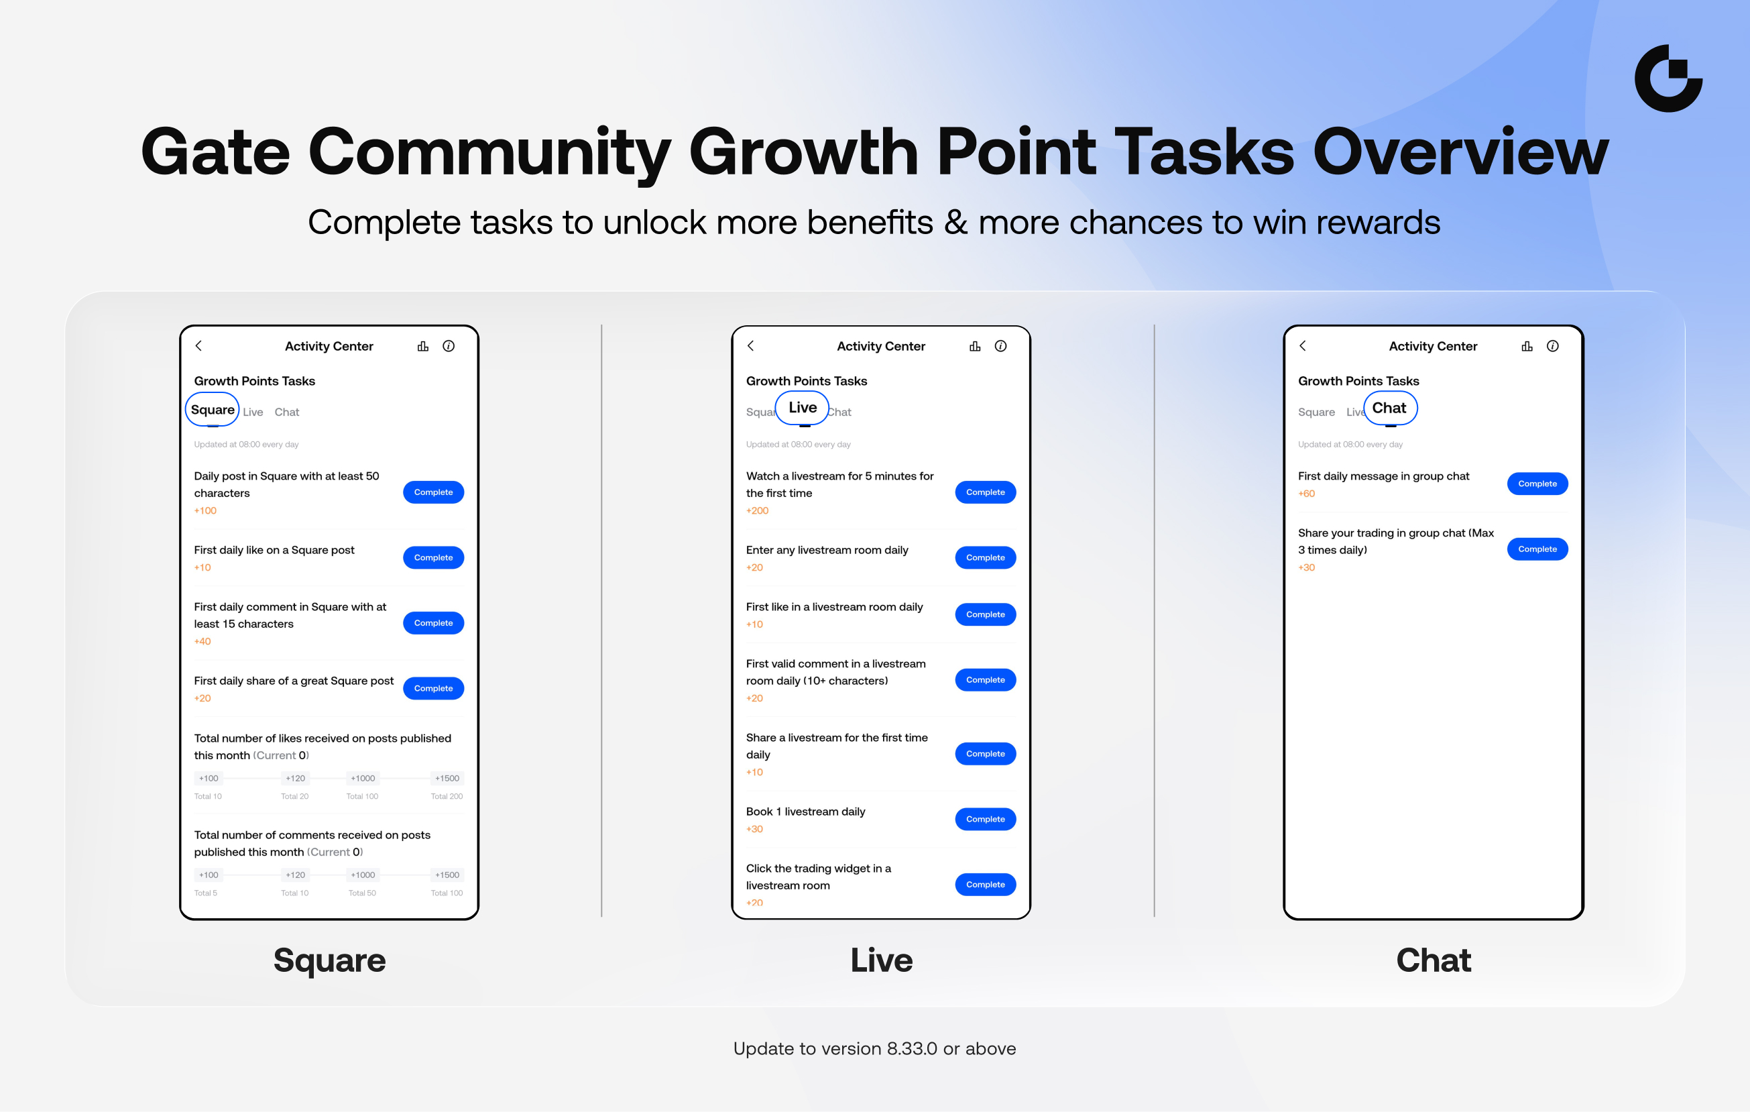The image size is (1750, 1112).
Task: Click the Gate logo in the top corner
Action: click(1668, 78)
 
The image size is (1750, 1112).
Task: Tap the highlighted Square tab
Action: click(212, 409)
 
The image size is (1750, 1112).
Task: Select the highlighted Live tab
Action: click(803, 408)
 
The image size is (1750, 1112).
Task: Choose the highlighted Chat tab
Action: click(1389, 408)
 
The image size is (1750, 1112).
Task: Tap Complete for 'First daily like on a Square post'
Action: click(433, 557)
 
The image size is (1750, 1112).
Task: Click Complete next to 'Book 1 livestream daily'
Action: click(985, 819)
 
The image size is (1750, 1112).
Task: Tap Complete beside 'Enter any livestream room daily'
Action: click(985, 557)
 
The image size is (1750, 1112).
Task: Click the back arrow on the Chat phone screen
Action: click(1302, 346)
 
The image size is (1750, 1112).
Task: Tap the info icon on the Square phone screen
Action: click(449, 346)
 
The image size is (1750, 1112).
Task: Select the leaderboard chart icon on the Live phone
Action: click(974, 346)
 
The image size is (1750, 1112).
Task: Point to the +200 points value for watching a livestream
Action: click(757, 510)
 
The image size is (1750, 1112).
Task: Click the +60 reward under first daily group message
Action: click(1307, 494)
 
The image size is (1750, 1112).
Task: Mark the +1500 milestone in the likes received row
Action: click(447, 778)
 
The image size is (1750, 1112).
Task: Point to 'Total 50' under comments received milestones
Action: click(362, 893)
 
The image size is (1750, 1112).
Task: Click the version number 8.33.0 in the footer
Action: click(911, 1049)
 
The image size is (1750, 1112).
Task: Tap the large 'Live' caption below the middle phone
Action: click(882, 960)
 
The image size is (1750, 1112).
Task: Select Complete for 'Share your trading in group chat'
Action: click(1537, 549)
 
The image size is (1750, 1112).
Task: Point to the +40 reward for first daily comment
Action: click(202, 641)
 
